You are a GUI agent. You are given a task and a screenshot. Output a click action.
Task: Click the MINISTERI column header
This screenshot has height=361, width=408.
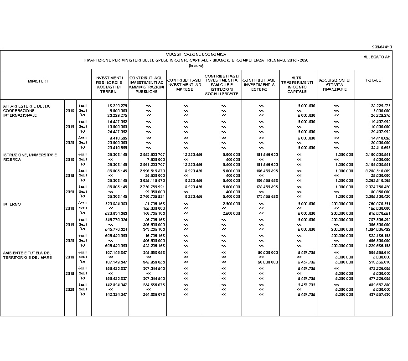point(38,81)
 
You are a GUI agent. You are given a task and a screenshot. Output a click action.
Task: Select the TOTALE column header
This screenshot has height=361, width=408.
point(373,81)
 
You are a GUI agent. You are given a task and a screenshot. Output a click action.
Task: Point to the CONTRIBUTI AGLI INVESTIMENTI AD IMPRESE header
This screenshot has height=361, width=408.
point(185,85)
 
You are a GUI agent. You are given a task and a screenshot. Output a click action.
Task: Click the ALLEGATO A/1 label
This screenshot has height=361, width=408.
point(377,57)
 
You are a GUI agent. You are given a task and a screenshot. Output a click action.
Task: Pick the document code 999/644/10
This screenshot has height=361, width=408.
point(382,47)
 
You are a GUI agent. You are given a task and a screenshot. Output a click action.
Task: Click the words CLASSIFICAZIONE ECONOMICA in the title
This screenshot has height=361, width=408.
point(196,54)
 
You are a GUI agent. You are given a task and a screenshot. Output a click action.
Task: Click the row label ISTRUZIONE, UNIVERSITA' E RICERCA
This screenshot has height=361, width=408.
point(30,157)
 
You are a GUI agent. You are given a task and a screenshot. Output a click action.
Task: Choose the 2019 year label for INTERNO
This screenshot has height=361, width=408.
point(70,225)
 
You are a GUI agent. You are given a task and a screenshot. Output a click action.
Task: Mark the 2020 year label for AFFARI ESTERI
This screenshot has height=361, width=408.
point(70,143)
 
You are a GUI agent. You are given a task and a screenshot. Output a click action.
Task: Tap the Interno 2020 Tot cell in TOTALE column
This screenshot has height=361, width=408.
point(377,246)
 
